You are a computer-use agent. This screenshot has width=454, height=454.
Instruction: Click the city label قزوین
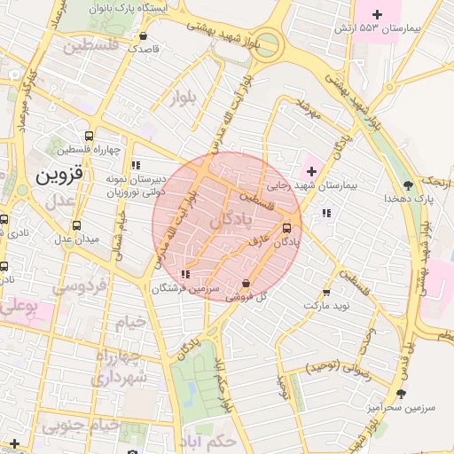point(59,176)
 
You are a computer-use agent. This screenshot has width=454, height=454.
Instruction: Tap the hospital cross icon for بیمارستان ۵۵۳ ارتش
point(378,14)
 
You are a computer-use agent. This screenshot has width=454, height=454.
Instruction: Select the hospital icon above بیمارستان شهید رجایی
point(311,169)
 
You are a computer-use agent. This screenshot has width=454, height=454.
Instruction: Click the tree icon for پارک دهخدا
point(407,184)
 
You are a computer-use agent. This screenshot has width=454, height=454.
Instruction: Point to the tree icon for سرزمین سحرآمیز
point(402,393)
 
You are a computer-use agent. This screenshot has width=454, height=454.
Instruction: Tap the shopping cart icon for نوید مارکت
point(326,291)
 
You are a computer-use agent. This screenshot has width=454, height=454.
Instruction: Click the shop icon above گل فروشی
point(246,284)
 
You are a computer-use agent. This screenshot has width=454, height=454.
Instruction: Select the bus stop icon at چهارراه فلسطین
point(88,136)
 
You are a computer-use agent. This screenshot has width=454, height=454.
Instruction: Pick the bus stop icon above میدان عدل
point(76,225)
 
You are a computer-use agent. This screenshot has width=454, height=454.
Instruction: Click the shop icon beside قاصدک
point(144,36)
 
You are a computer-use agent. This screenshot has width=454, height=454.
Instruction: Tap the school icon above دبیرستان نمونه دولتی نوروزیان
point(135,165)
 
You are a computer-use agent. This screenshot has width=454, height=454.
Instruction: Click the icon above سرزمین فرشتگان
point(184,275)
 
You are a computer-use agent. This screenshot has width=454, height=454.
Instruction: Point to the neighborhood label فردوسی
point(79,286)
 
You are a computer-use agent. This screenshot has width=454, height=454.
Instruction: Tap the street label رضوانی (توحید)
point(336,366)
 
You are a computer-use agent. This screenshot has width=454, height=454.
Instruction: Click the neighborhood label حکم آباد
point(218,441)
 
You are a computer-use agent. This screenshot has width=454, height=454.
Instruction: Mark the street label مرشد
point(306,107)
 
